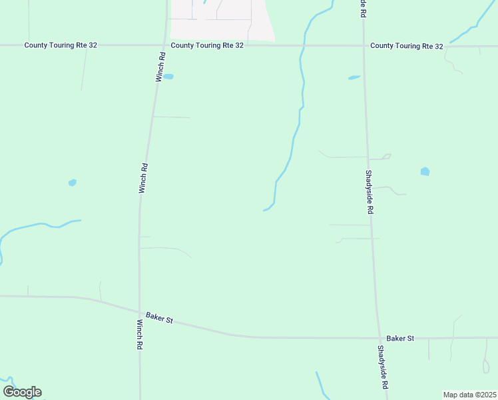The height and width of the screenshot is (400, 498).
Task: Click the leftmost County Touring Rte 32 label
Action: [x=61, y=45]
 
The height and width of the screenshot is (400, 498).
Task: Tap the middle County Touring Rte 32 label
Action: [x=207, y=45]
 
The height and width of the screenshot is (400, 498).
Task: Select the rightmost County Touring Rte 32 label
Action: [x=407, y=46]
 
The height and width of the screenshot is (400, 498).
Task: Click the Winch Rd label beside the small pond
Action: [x=160, y=67]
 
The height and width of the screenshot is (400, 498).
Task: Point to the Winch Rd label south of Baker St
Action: [x=140, y=335]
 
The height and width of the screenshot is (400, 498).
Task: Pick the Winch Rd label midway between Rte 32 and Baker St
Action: [x=142, y=179]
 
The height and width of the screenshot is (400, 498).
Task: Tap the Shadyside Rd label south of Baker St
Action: [x=382, y=367]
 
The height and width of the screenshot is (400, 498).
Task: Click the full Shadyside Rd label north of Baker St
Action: [x=369, y=191]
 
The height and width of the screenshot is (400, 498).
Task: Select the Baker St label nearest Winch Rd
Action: [x=160, y=320]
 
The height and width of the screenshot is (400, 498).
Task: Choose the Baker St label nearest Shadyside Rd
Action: [x=400, y=338]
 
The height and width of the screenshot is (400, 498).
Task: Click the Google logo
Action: [x=22, y=392]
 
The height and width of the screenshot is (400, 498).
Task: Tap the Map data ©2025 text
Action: [x=469, y=395]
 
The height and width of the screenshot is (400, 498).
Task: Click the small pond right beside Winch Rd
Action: [x=168, y=77]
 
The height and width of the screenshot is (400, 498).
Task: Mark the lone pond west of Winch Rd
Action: [x=72, y=183]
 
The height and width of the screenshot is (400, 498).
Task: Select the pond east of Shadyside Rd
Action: [x=425, y=171]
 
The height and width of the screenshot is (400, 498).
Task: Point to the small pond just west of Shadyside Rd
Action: [x=354, y=77]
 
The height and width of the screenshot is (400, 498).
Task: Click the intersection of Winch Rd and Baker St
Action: [x=140, y=312]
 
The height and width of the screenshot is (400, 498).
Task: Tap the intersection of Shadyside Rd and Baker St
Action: [x=378, y=338]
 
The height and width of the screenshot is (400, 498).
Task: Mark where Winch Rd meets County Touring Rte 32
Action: [x=164, y=45]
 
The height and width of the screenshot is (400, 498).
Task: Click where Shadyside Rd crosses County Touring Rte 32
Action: [x=364, y=46]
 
